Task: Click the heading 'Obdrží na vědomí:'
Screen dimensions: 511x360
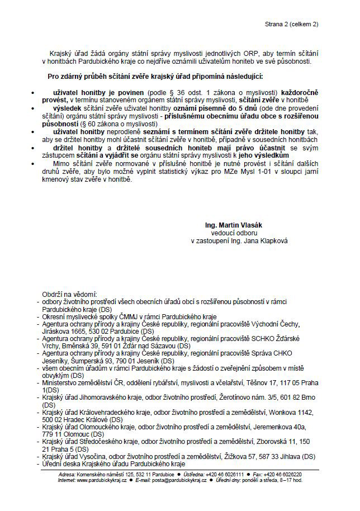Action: (x=69, y=294)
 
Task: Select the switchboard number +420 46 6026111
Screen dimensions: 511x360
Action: (x=223, y=474)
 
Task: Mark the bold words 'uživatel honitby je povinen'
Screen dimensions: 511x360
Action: (x=100, y=91)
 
